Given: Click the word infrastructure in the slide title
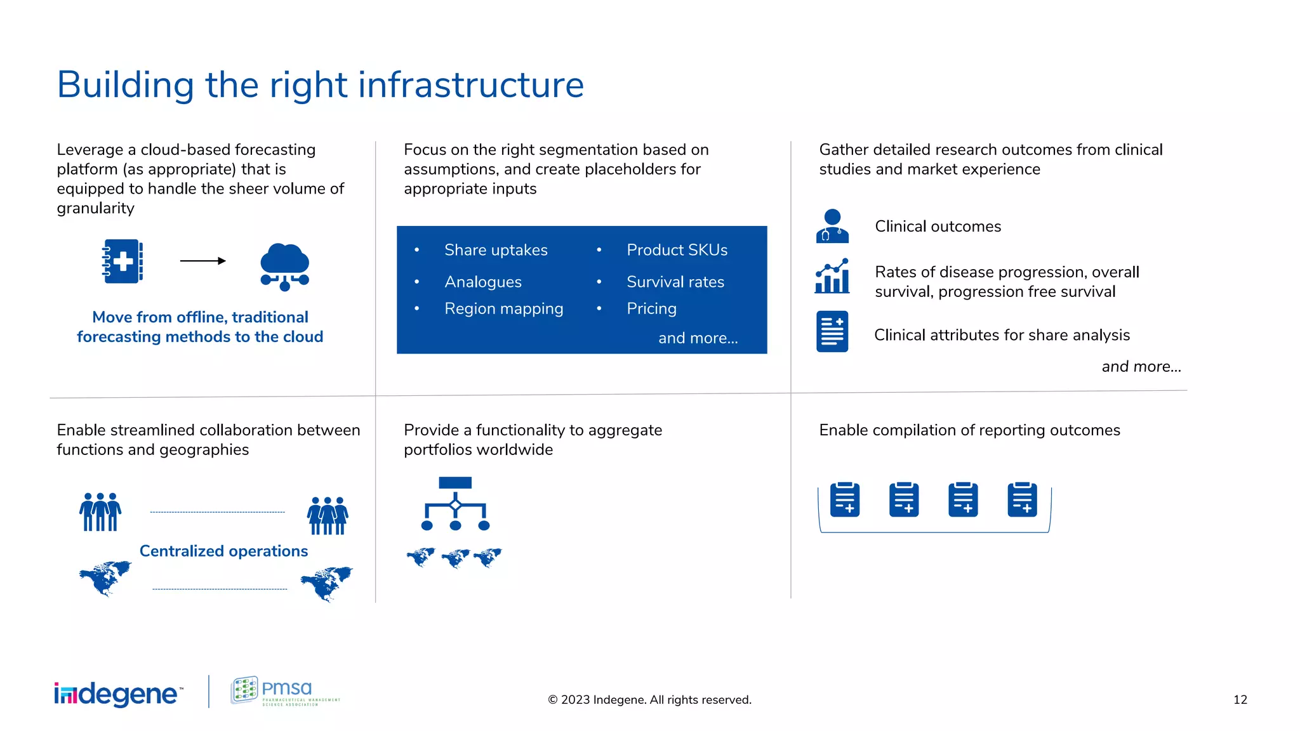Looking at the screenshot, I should [471, 85].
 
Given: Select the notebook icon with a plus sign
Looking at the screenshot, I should [123, 261].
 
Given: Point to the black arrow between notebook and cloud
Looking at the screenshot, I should [202, 261].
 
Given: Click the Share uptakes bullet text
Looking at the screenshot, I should [496, 250].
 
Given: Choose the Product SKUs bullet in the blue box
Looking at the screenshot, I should [677, 250].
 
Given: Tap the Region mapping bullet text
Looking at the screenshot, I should [503, 308].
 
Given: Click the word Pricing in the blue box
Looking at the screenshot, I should [651, 308].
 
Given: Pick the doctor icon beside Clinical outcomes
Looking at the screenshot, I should [832, 227].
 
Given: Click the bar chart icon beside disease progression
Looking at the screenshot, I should [832, 276].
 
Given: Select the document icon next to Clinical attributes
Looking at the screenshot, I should [832, 331].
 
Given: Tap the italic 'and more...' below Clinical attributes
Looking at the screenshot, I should [1141, 367].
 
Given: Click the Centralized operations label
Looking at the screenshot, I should [223, 551].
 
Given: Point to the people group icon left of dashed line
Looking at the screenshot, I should [100, 511].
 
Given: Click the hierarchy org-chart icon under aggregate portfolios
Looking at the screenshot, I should [455, 504].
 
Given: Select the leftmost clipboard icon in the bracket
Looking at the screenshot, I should [845, 499].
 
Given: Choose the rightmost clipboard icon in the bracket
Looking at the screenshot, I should [1022, 499].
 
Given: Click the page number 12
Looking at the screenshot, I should [1240, 699].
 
